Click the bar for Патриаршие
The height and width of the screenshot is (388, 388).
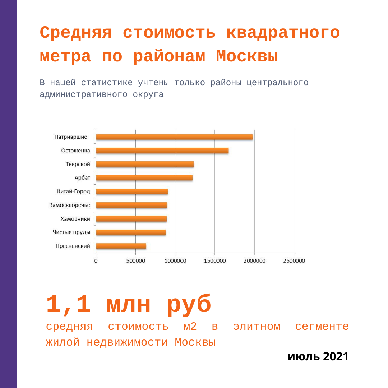pyautogui.click(x=174, y=137)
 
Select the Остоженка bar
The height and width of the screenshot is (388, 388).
pyautogui.click(x=162, y=151)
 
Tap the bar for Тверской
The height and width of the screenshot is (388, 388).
pyautogui.click(x=145, y=164)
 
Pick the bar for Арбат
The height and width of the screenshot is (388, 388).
pyautogui.click(x=144, y=178)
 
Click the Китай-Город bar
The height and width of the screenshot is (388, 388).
pyautogui.click(x=132, y=191)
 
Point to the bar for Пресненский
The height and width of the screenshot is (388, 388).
pyautogui.click(x=121, y=246)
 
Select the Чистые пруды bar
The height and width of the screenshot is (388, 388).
pyautogui.click(x=131, y=232)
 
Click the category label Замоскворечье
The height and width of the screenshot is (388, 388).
pyautogui.click(x=70, y=205)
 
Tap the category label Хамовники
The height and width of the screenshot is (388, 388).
pyautogui.click(x=75, y=219)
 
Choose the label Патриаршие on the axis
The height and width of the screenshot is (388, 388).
pyautogui.click(x=71, y=137)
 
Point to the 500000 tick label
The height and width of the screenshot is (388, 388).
pyautogui.click(x=135, y=261)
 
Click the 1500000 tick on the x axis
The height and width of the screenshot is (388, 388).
pyautogui.click(x=214, y=261)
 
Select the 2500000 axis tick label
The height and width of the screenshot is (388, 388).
pyautogui.click(x=294, y=261)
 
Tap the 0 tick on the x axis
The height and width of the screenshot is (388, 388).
pyautogui.click(x=96, y=261)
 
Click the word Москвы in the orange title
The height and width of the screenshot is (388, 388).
pyautogui.click(x=247, y=57)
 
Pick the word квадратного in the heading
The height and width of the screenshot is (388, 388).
pyautogui.click(x=283, y=33)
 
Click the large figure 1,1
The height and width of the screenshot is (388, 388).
pyautogui.click(x=68, y=305)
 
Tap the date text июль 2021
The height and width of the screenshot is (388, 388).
pyautogui.click(x=318, y=357)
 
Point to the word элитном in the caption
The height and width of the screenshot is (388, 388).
pyautogui.click(x=257, y=327)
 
